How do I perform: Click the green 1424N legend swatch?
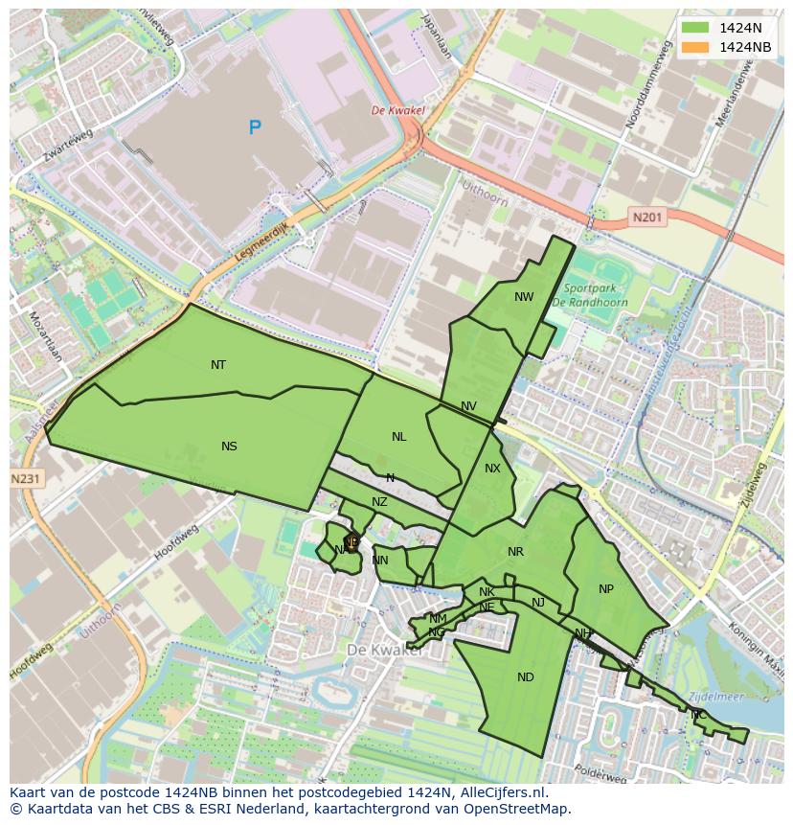pyautogui.click(x=695, y=28)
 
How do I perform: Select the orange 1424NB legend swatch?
pyautogui.click(x=695, y=47)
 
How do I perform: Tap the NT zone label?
pyautogui.click(x=218, y=365)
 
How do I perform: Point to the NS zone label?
pyautogui.click(x=229, y=447)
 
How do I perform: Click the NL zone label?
pyautogui.click(x=398, y=437)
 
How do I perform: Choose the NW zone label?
pyautogui.click(x=524, y=297)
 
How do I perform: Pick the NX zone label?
pyautogui.click(x=492, y=469)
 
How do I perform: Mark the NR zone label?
pyautogui.click(x=516, y=552)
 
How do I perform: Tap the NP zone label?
pyautogui.click(x=605, y=589)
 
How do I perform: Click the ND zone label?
pyautogui.click(x=525, y=677)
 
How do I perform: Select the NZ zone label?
pyautogui.click(x=379, y=502)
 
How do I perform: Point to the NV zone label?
pyautogui.click(x=468, y=406)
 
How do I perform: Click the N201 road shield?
pyautogui.click(x=647, y=218)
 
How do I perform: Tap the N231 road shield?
pyautogui.click(x=26, y=478)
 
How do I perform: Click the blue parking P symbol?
pyautogui.click(x=255, y=127)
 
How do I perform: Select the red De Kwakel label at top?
pyautogui.click(x=397, y=111)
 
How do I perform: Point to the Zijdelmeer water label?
pyautogui.click(x=715, y=698)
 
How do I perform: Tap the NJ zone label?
pyautogui.click(x=538, y=603)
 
